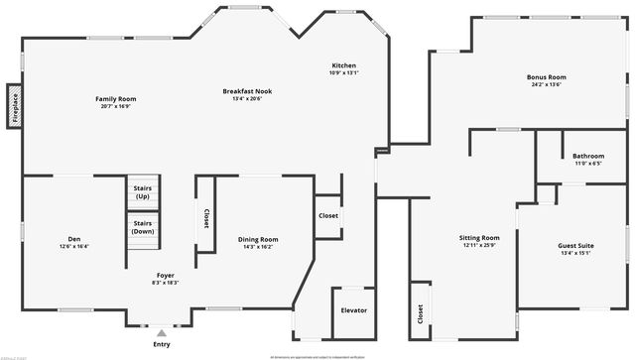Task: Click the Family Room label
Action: click(x=115, y=98)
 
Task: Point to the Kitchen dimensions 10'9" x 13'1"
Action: click(x=343, y=72)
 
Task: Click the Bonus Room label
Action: click(x=546, y=77)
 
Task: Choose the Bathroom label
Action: click(x=587, y=156)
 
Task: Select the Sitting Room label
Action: click(x=479, y=238)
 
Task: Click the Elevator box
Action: click(x=353, y=310)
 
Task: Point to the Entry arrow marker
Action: click(x=162, y=332)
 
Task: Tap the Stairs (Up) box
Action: click(x=142, y=192)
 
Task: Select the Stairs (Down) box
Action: click(x=142, y=227)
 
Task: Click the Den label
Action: click(x=73, y=238)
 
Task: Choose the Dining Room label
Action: click(x=257, y=239)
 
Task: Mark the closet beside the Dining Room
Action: click(x=206, y=218)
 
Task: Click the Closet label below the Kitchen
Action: click(x=328, y=215)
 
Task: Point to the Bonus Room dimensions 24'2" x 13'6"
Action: click(x=546, y=84)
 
